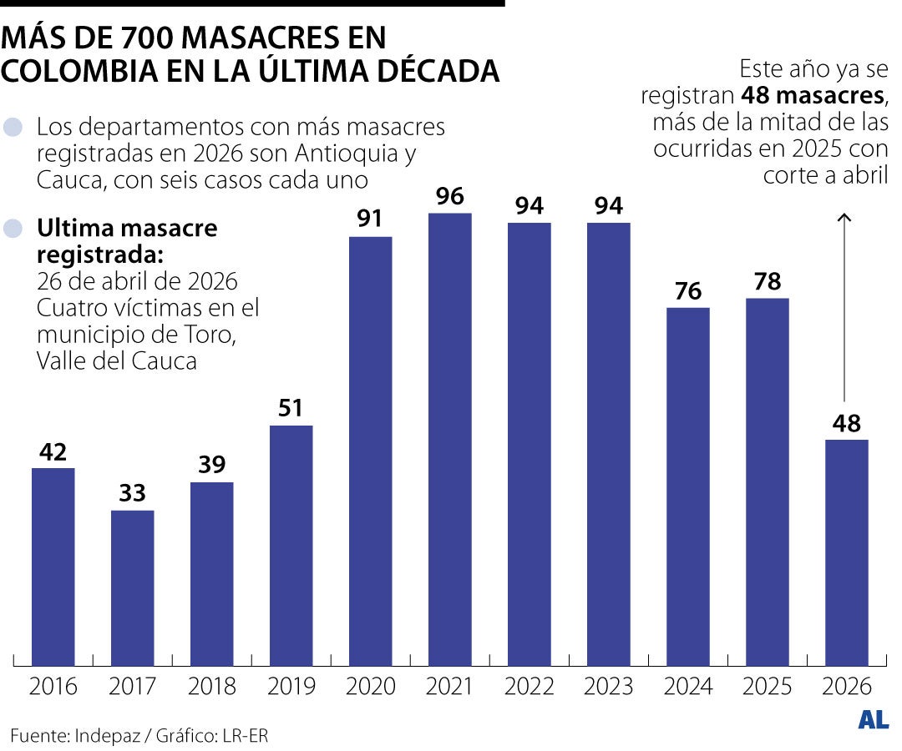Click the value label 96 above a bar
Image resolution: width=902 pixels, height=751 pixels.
tap(449, 198)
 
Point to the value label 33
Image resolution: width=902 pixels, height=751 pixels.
tap(132, 494)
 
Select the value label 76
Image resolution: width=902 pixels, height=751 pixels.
tap(687, 292)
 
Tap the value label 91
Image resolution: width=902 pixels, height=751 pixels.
tap(370, 219)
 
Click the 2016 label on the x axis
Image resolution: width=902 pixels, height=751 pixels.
tap(53, 687)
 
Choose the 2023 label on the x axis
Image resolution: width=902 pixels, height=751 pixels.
tap(608, 687)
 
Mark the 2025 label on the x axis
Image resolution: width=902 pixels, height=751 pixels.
tap(767, 687)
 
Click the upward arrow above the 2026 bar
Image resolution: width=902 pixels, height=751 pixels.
tap(845, 309)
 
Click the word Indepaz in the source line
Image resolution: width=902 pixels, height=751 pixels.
tap(107, 736)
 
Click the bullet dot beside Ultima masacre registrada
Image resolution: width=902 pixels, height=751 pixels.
tap(13, 229)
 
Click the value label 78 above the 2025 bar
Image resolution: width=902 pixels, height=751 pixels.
tap(767, 282)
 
